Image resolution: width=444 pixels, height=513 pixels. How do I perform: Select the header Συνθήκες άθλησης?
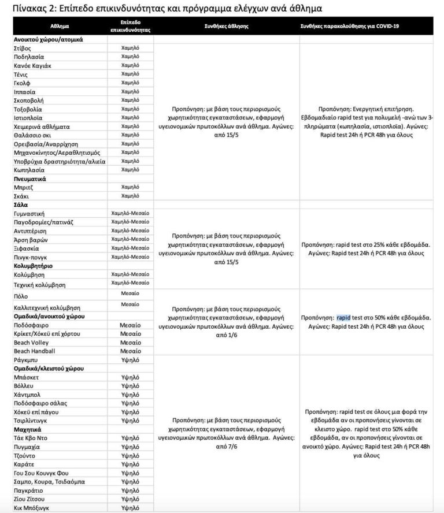coord(226,27)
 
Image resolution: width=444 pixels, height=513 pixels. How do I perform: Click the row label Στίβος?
coord(23,49)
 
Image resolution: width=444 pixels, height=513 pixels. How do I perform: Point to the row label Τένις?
coord(23,74)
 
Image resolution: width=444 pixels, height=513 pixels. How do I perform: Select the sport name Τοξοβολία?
coord(28,109)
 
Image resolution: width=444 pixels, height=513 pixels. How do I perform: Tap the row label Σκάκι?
coord(22,196)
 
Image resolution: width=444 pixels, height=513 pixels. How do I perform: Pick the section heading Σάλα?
coord(21,205)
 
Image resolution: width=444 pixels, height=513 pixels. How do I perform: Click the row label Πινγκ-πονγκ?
coord(31,257)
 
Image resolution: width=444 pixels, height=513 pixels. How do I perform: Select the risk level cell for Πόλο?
coord(130,293)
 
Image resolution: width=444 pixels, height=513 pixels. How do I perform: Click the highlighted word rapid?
coord(343,317)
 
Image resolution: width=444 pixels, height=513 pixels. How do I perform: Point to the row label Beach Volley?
coord(34,343)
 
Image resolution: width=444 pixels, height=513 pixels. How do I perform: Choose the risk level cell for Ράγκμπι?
coord(130,359)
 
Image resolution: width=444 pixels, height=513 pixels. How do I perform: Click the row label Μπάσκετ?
coord(26,377)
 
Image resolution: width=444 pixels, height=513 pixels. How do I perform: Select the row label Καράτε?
coord(24,464)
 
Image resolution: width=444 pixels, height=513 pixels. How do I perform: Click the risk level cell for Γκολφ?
coord(130,83)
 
